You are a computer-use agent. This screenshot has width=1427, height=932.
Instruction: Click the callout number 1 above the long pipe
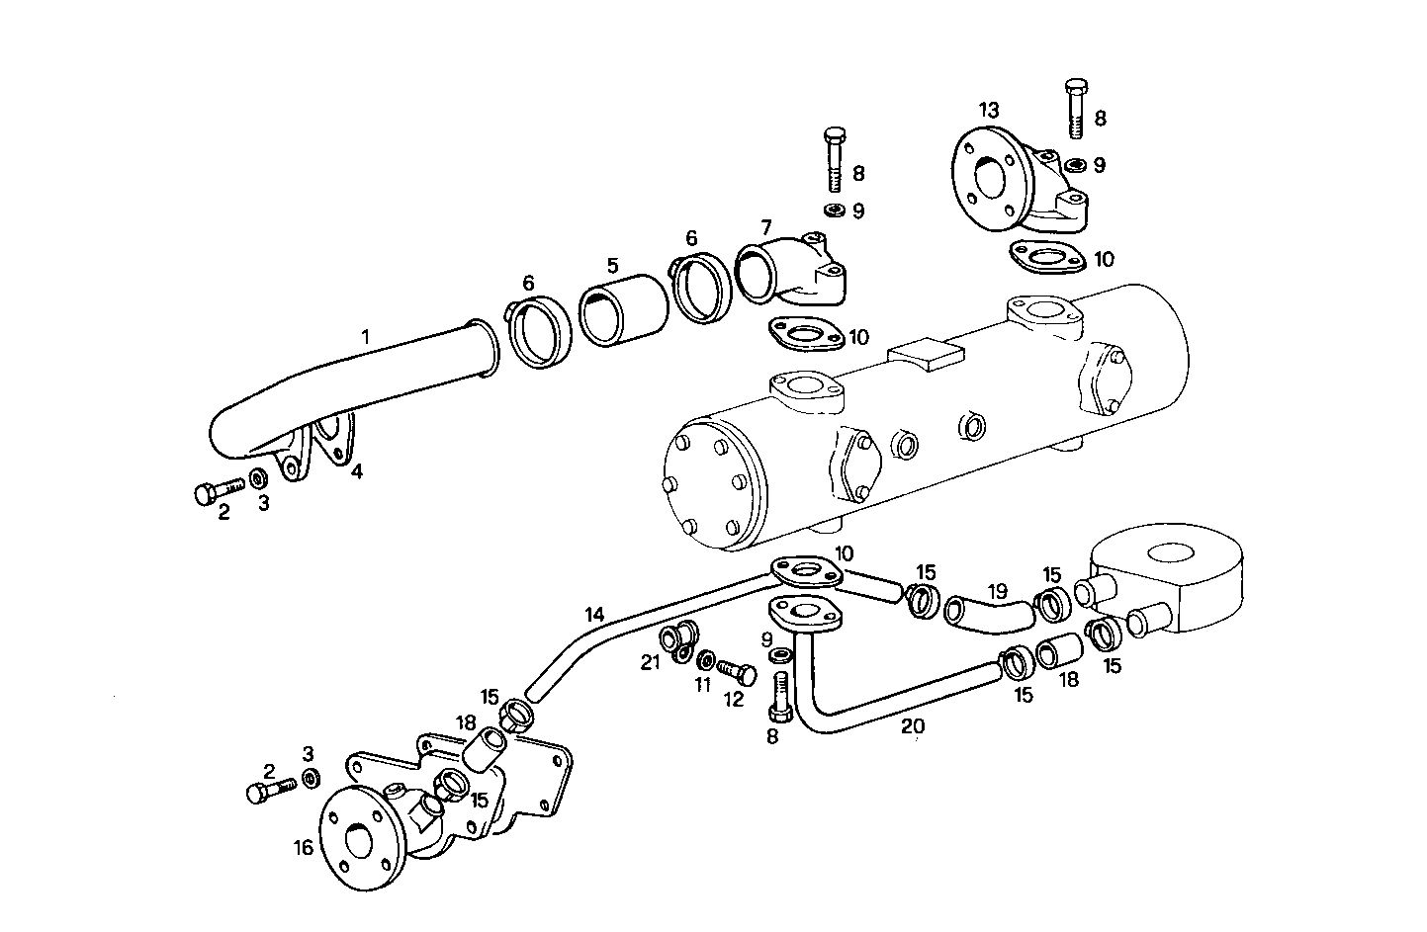click(365, 337)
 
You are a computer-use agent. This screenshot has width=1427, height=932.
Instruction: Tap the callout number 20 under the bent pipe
click(913, 726)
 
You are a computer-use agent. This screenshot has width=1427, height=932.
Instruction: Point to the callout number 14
click(593, 615)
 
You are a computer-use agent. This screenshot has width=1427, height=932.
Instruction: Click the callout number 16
click(303, 847)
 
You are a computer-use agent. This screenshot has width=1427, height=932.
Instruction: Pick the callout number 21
click(650, 663)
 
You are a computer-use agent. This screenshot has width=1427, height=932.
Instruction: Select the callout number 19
click(997, 591)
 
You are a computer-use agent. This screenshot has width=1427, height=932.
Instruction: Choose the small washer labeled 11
click(705, 660)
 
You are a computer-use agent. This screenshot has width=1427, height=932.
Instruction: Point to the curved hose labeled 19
click(989, 613)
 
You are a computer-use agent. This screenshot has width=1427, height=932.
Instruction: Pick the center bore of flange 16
click(359, 841)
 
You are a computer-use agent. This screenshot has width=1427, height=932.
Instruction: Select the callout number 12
click(733, 700)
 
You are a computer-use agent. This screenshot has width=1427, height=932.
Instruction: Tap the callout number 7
click(765, 227)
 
